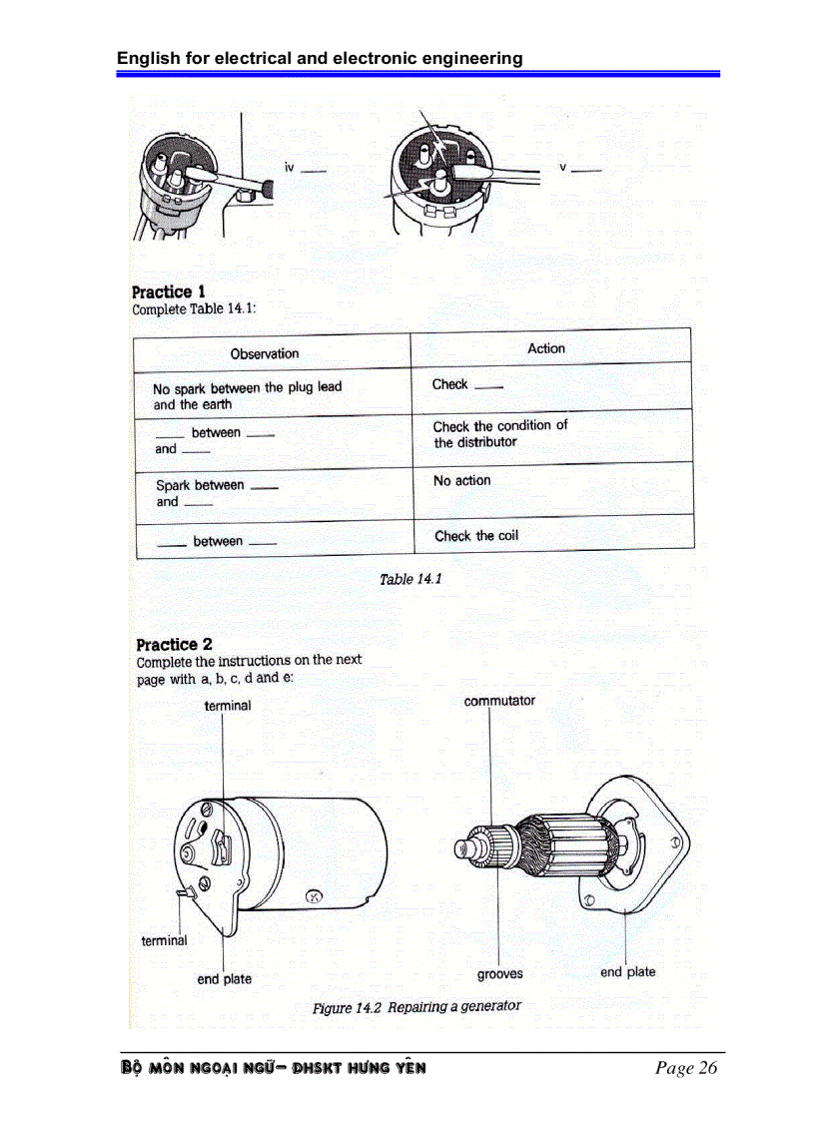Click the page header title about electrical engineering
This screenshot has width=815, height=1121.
(320, 58)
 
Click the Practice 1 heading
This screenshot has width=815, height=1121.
(169, 291)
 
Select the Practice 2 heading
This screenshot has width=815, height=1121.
(174, 644)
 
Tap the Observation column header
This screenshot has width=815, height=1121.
(264, 353)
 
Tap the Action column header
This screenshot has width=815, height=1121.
(545, 348)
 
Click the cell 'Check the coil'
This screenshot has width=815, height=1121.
(476, 536)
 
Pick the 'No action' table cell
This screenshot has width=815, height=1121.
(461, 480)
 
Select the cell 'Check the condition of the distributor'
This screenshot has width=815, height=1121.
(499, 433)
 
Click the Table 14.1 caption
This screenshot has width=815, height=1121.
(410, 579)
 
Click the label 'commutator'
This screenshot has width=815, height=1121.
(499, 701)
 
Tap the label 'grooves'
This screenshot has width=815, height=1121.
(499, 973)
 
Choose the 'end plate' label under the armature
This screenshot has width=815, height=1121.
(627, 971)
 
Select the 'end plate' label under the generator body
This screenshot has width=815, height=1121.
(224, 979)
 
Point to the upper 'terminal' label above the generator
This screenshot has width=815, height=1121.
(228, 706)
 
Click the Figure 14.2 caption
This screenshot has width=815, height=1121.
(416, 1006)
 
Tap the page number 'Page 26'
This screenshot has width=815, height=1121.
(686, 1068)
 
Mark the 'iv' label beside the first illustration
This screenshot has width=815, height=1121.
(290, 168)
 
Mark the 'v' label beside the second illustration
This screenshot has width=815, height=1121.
(563, 167)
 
